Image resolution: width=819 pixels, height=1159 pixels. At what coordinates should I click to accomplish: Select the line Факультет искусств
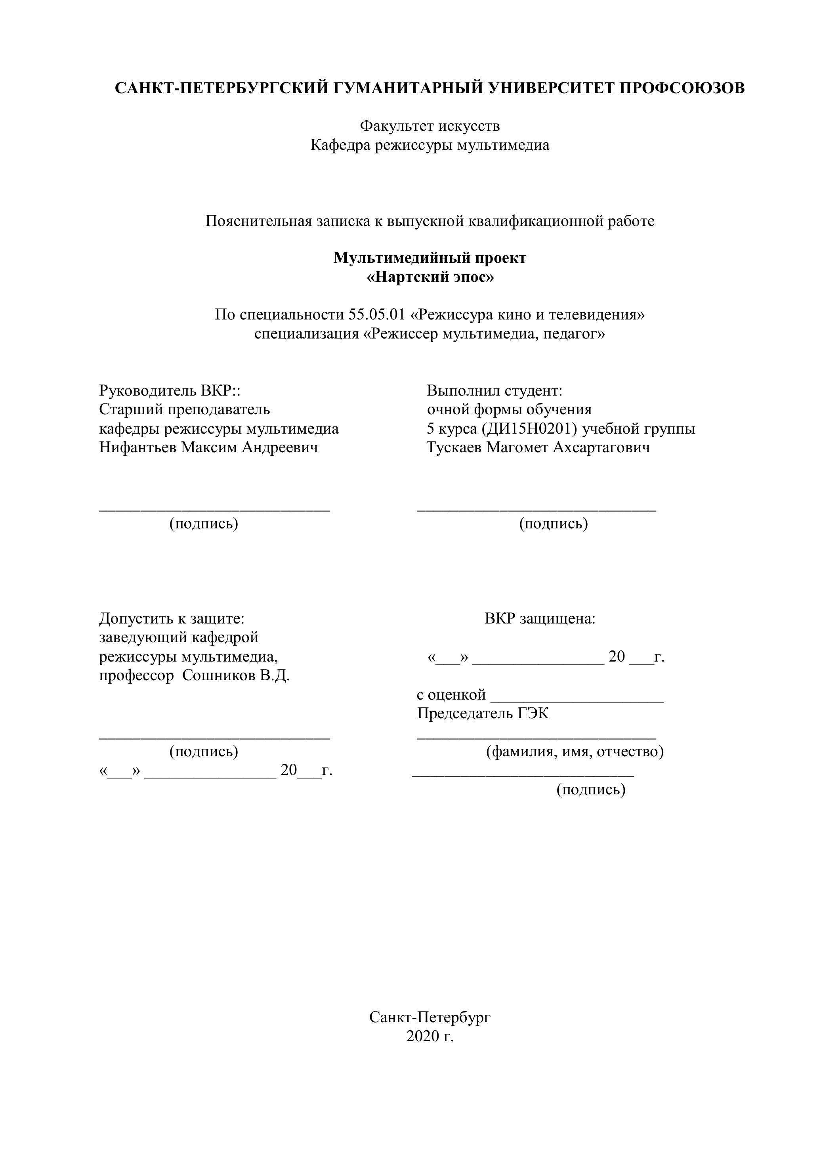coord(430,126)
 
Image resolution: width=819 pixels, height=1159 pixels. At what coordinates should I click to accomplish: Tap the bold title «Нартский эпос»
coord(430,277)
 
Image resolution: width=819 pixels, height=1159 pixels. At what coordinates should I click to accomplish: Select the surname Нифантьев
coord(138,447)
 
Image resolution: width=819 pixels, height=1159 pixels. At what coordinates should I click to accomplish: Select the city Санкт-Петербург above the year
coord(430,1017)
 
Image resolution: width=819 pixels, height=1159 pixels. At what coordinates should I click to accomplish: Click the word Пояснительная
coord(258,221)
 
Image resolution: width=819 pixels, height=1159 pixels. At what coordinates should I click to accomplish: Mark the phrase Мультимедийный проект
coord(430,258)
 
